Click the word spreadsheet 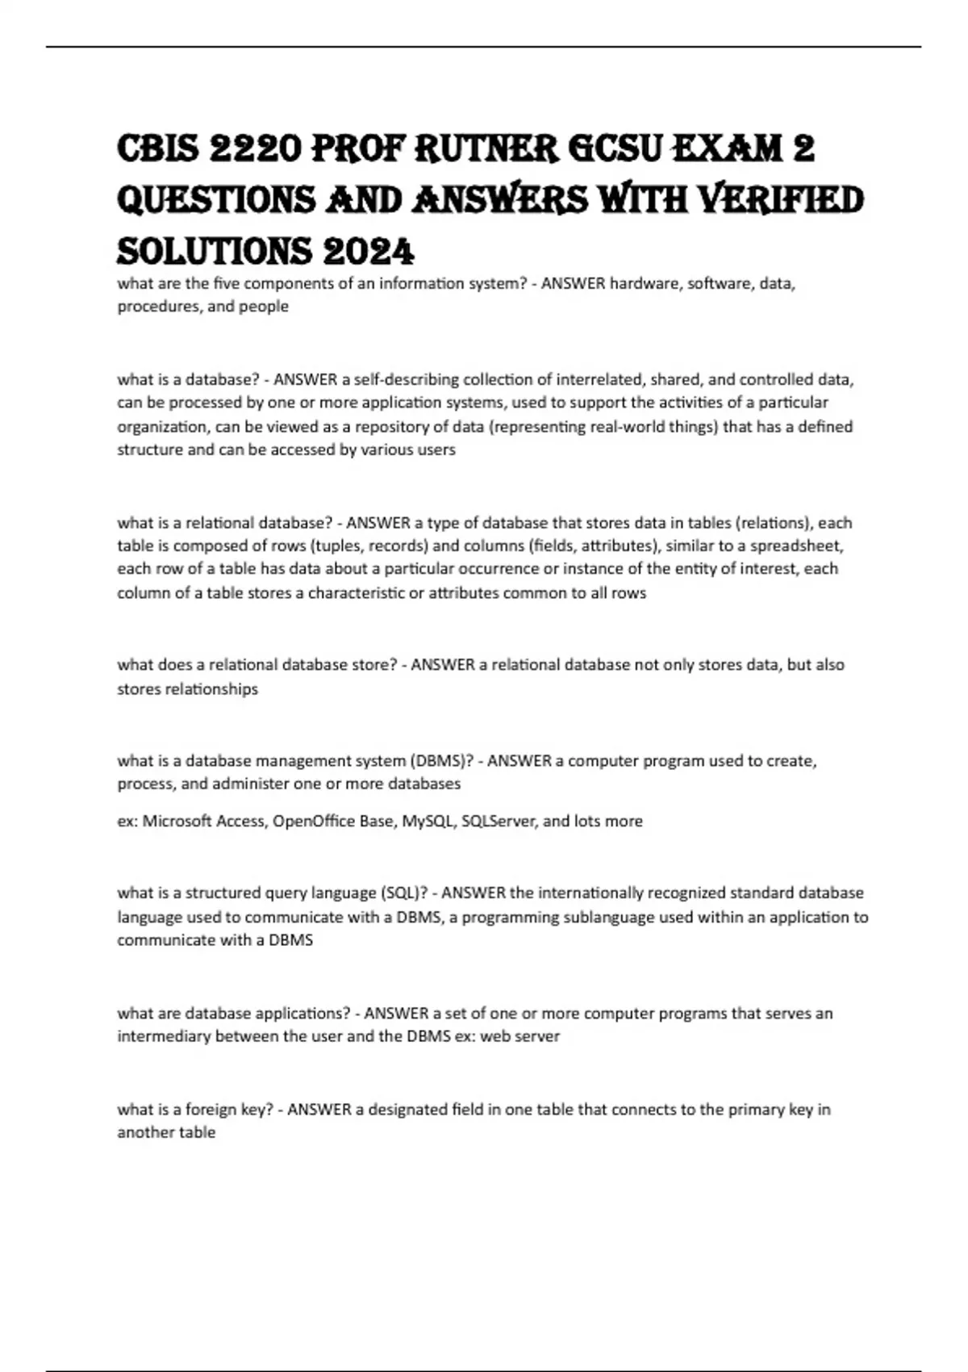click(795, 546)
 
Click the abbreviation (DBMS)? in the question click(441, 760)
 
